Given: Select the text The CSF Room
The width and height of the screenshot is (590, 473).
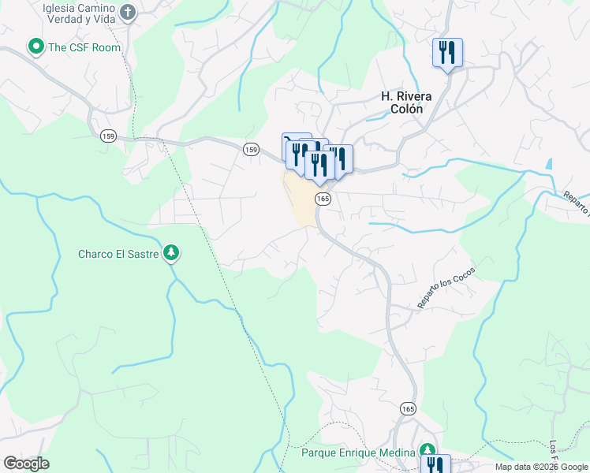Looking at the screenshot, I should click(x=84, y=47).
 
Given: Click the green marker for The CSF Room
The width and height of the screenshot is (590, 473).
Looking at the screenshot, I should click(x=35, y=47).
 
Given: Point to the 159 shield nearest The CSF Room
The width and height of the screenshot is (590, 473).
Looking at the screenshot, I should click(x=108, y=136).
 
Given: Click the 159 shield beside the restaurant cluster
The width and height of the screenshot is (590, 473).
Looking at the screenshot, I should click(x=251, y=149).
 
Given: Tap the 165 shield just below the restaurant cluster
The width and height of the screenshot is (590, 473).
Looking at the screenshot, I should click(x=323, y=199).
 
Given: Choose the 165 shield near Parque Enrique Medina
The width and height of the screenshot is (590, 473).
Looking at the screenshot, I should click(x=407, y=408).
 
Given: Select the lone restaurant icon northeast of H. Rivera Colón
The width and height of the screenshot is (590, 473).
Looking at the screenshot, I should click(x=447, y=53).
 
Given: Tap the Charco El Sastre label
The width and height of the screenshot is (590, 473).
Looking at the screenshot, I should click(x=119, y=254).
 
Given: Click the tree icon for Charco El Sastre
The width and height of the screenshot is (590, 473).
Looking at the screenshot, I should click(x=170, y=253).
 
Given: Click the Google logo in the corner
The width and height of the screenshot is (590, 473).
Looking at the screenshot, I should click(x=26, y=464).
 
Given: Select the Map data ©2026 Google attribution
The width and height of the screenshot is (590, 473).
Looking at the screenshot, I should click(x=541, y=467).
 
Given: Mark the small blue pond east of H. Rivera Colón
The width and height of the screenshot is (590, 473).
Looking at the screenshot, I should click(x=547, y=166).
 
